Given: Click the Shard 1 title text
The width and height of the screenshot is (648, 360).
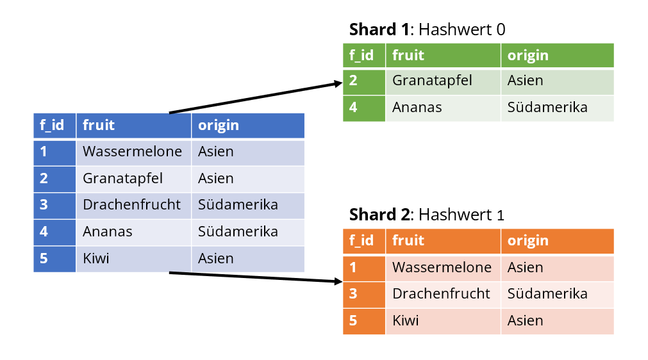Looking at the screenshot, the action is (x=427, y=29).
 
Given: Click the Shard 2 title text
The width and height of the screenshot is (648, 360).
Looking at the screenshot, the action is (x=426, y=215).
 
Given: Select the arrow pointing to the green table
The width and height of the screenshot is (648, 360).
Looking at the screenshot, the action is (x=256, y=97).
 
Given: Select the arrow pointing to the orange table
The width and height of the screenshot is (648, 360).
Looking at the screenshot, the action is (x=256, y=277).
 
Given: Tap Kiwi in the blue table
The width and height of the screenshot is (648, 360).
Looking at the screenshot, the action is (x=96, y=258).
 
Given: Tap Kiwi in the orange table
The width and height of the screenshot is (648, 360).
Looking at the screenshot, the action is (x=406, y=320).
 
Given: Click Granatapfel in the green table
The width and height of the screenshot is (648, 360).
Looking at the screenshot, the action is (x=432, y=81).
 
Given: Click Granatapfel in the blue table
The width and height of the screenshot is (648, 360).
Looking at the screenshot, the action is (x=122, y=178).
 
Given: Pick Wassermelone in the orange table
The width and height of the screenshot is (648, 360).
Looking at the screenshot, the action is (x=442, y=267).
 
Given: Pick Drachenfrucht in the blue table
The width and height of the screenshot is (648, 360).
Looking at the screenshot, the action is (x=131, y=205).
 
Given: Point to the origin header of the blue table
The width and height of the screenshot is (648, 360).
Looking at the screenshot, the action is (x=218, y=126).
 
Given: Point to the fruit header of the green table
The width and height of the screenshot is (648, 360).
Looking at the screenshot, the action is (x=408, y=55).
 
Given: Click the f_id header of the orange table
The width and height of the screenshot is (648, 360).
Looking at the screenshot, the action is (x=361, y=241).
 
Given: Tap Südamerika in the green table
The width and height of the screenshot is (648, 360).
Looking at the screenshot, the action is (x=547, y=108).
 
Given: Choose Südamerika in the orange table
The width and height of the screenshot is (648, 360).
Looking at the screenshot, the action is (x=547, y=293).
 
